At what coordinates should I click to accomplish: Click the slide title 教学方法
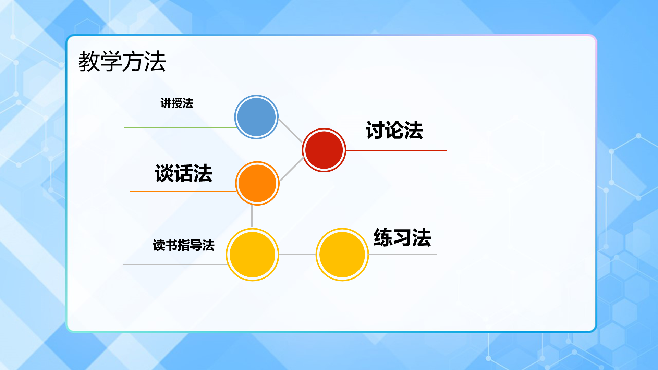pos(122,62)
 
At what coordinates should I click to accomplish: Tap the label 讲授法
pos(177,103)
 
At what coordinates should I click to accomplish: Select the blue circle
pos(256,117)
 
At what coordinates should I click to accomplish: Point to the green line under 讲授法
pos(180,127)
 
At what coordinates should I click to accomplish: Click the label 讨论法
pos(394,130)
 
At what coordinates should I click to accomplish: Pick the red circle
pos(324,150)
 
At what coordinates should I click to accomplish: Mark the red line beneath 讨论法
pos(396,150)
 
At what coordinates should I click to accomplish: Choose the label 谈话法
pos(184,173)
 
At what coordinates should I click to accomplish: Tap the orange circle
pos(257,183)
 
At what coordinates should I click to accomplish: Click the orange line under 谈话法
pos(183,191)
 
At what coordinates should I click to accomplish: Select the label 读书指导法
pos(184,245)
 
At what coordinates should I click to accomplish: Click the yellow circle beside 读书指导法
pos(253,255)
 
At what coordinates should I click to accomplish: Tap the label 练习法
pos(402,237)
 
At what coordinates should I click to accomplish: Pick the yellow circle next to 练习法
pos(342,255)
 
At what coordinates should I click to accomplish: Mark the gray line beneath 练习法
pos(403,255)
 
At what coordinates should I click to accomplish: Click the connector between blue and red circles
pos(290,130)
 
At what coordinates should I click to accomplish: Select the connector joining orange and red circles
pos(292,169)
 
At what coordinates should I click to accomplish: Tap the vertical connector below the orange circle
pos(252,216)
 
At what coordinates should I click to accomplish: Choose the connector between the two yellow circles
pos(297,255)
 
